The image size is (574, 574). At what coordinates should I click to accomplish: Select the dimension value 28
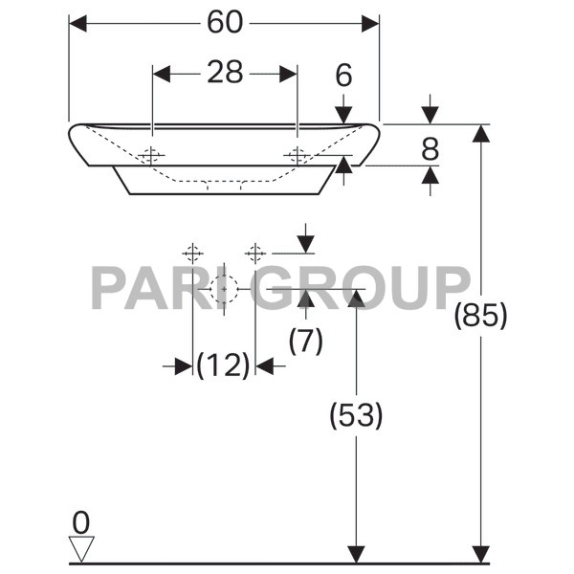click(225, 73)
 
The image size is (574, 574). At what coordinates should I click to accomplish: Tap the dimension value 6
click(343, 75)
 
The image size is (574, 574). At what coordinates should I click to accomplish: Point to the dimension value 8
click(430, 147)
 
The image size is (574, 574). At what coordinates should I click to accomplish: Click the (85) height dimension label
click(480, 315)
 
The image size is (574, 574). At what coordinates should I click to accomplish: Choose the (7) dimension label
click(305, 341)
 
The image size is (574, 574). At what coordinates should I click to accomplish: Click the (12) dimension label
click(224, 364)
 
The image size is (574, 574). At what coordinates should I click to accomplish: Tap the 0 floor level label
click(81, 522)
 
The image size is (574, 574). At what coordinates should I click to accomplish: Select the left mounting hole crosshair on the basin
click(152, 155)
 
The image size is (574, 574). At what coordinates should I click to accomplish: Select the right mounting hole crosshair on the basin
click(298, 155)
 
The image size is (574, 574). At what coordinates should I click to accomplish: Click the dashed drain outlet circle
click(224, 288)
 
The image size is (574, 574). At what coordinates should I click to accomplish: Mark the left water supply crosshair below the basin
click(192, 253)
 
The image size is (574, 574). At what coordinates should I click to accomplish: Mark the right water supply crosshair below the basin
click(254, 253)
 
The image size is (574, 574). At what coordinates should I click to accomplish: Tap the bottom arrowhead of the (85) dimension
click(480, 554)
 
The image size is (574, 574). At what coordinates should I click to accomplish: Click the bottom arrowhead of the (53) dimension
click(356, 554)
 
